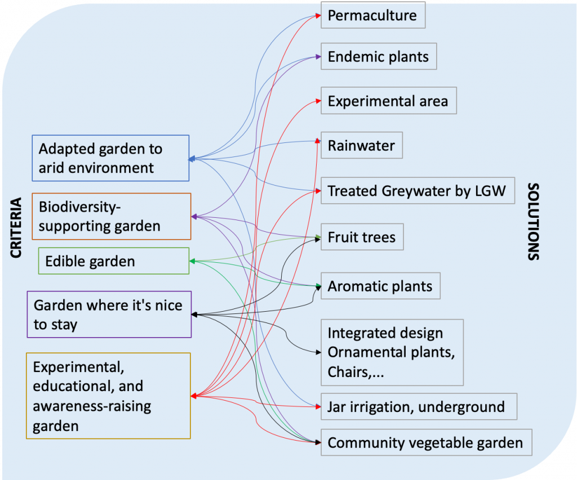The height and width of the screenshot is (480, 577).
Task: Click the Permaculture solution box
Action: click(x=372, y=15)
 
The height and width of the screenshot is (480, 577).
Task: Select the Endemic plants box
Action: click(x=379, y=56)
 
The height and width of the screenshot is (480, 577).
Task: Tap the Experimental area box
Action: click(x=388, y=101)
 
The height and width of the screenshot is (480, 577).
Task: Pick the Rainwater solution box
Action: click(x=362, y=146)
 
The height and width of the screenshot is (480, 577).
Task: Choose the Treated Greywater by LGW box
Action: click(x=418, y=191)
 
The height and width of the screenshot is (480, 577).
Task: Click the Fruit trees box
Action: click(x=362, y=237)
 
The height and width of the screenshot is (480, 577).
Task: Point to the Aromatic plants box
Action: click(x=380, y=286)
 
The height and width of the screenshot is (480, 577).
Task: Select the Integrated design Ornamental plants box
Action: click(x=392, y=352)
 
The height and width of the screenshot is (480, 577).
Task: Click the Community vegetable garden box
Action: click(x=425, y=443)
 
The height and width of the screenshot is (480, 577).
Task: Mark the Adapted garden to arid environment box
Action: click(x=110, y=158)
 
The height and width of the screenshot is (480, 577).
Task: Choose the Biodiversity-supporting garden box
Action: click(x=112, y=217)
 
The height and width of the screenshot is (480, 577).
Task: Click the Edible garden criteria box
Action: click(x=114, y=261)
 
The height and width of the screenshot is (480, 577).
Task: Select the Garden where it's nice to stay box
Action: click(x=109, y=315)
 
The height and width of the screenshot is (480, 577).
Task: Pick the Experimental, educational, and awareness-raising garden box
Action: click(x=108, y=396)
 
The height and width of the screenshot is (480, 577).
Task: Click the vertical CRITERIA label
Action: click(x=16, y=228)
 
